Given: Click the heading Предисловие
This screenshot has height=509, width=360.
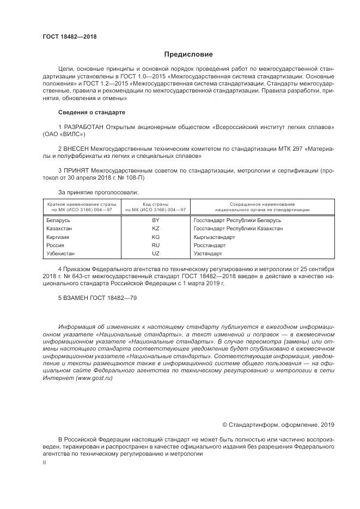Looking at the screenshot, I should pyautogui.click(x=188, y=54).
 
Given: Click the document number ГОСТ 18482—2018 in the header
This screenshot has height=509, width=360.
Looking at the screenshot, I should pyautogui.click(x=70, y=37).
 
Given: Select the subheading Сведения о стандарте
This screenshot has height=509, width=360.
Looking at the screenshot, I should pyautogui.click(x=91, y=112).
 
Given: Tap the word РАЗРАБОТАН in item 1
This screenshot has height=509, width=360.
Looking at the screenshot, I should pyautogui.click(x=84, y=127).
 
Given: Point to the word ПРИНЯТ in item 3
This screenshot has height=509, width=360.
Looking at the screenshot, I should pyautogui.click(x=76, y=170).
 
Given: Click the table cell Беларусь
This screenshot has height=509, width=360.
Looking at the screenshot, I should pyautogui.click(x=58, y=220).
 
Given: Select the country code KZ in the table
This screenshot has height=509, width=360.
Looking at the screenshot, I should pyautogui.click(x=155, y=229).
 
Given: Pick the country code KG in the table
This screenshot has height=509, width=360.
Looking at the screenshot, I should pyautogui.click(x=155, y=237).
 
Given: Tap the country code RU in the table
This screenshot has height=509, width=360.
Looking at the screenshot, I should pyautogui.click(x=155, y=246).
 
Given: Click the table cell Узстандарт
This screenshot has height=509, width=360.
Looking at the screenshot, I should pyautogui.click(x=208, y=254).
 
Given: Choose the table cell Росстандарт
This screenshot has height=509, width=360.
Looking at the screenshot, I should pyautogui.click(x=209, y=246).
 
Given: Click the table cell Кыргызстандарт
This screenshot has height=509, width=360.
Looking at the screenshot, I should pyautogui.click(x=214, y=237).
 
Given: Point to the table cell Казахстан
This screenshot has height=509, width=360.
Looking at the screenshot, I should pyautogui.click(x=59, y=229).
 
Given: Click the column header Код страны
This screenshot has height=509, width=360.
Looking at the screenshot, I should pyautogui.click(x=156, y=203).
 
